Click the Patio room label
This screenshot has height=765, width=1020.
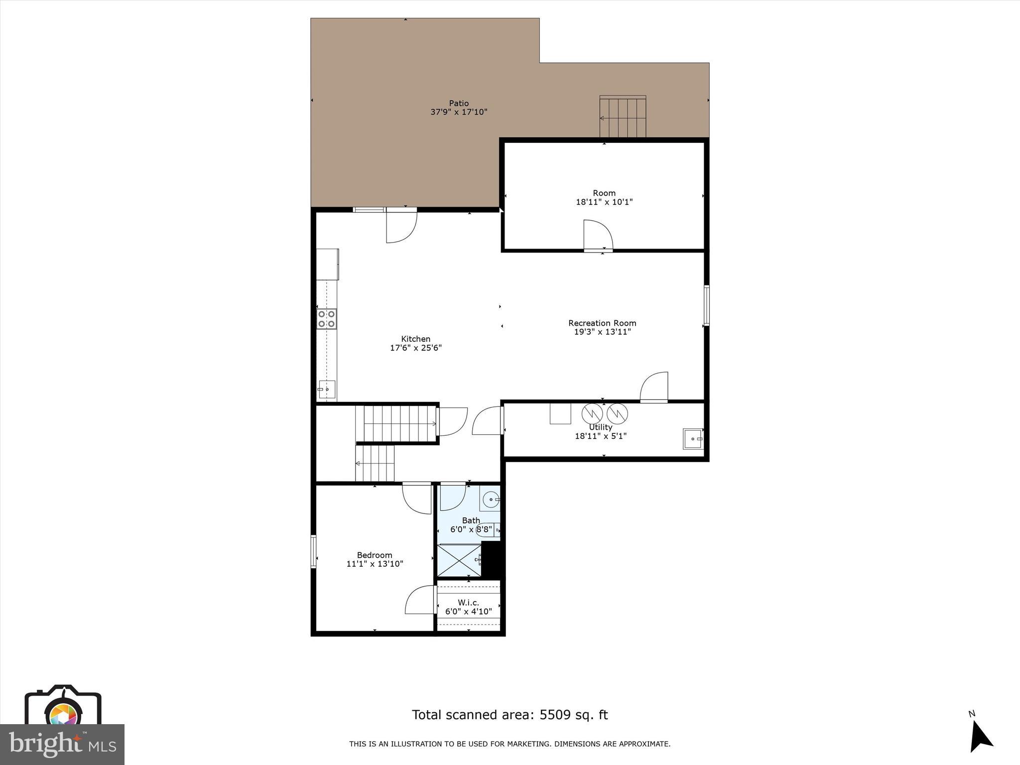[459, 104]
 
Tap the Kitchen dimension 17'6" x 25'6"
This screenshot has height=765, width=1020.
[416, 348]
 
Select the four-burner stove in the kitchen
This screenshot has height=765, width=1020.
[327, 319]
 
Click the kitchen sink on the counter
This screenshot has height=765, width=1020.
[327, 389]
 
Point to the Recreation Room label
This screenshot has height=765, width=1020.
[602, 323]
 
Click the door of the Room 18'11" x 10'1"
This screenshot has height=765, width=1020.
[598, 235]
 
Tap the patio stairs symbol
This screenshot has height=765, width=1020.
[623, 118]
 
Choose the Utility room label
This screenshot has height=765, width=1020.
[601, 427]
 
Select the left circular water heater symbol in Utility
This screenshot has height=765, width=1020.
[593, 413]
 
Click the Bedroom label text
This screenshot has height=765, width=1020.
[375, 555]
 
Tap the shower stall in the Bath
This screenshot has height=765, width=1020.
[459, 560]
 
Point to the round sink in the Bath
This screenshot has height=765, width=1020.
[492, 499]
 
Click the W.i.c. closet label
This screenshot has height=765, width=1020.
[468, 603]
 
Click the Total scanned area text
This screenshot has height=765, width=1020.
[510, 715]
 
